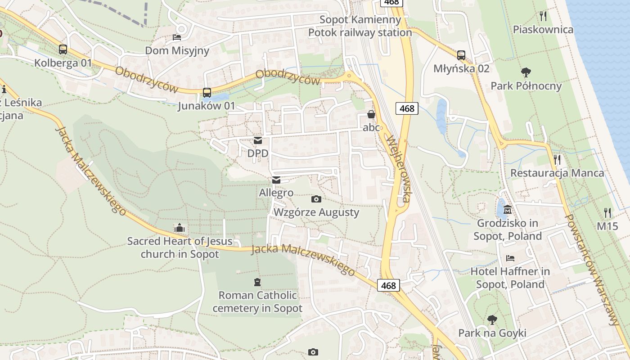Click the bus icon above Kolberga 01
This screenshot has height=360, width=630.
(x=63, y=49)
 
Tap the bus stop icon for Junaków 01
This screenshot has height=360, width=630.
(x=207, y=93)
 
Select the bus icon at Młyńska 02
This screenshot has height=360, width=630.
(x=461, y=55)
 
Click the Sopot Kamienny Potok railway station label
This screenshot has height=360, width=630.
(x=360, y=26)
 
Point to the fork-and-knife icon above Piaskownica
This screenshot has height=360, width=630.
(x=543, y=17)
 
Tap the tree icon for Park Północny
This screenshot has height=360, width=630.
(x=526, y=72)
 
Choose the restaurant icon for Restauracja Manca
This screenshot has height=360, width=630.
(x=557, y=159)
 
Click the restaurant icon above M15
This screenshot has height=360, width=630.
(x=607, y=212)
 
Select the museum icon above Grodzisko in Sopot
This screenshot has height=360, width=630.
(x=508, y=209)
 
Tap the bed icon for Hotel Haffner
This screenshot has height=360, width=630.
(x=510, y=258)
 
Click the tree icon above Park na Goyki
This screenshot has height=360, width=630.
(x=492, y=320)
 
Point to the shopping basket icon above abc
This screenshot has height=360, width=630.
(x=371, y=114)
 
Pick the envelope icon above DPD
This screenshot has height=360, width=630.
(x=258, y=140)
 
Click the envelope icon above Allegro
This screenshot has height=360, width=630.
(x=276, y=180)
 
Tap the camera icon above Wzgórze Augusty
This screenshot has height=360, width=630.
(x=316, y=199)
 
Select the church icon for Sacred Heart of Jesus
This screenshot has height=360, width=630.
(x=180, y=228)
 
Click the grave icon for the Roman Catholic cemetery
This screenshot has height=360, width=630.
(x=257, y=282)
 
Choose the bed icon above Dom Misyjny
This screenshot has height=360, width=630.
(x=177, y=37)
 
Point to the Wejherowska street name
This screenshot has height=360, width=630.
(x=399, y=169)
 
